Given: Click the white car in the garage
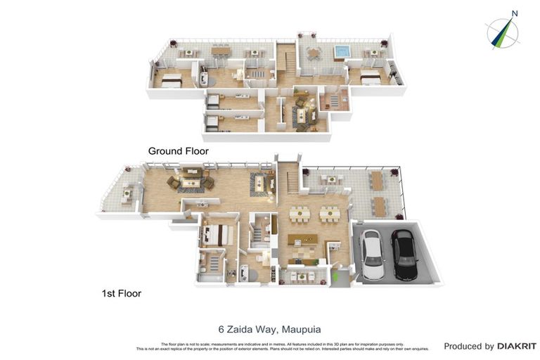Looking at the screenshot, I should point(372,254).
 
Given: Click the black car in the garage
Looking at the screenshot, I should point(404,254).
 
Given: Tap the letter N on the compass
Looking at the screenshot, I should point(515,13).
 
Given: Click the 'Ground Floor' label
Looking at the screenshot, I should point(178,151).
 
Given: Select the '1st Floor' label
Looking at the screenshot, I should point(120,293).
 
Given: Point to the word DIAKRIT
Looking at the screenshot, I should point(517,347).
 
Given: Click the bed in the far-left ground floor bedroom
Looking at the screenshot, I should point(170,82).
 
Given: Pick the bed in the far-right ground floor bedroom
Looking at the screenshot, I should point(370,79).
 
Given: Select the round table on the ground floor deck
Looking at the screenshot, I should point(311,52).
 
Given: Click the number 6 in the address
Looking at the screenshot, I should point(220,328).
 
